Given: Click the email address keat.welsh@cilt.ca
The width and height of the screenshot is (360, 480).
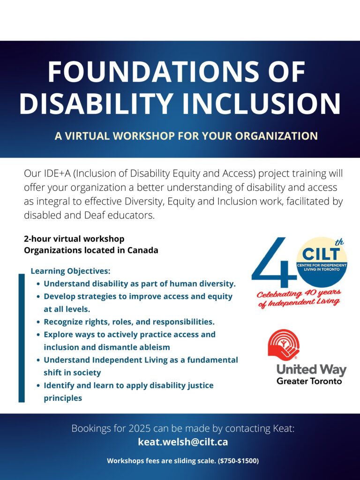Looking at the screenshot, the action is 183,442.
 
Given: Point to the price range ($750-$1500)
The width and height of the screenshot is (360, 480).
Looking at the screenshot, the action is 238,461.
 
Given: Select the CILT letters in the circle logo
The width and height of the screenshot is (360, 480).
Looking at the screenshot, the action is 321,254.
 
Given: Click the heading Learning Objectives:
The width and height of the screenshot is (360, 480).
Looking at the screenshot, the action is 70,271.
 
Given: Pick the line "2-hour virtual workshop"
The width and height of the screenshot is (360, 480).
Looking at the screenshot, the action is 74,239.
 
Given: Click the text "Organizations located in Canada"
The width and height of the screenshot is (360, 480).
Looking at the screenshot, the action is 91,250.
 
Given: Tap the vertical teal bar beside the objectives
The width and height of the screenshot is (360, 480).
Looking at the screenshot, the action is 22,338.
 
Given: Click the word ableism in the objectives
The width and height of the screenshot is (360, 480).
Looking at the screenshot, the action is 155,347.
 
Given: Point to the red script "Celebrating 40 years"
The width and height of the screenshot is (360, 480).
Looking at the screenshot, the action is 299,293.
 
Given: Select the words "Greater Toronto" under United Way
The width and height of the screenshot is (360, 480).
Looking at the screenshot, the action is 309,381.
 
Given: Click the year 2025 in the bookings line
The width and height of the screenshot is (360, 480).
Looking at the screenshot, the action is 140,428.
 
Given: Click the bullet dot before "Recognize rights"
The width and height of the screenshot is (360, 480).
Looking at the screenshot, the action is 38,322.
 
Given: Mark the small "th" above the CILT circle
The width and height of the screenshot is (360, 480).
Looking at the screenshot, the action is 339,243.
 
